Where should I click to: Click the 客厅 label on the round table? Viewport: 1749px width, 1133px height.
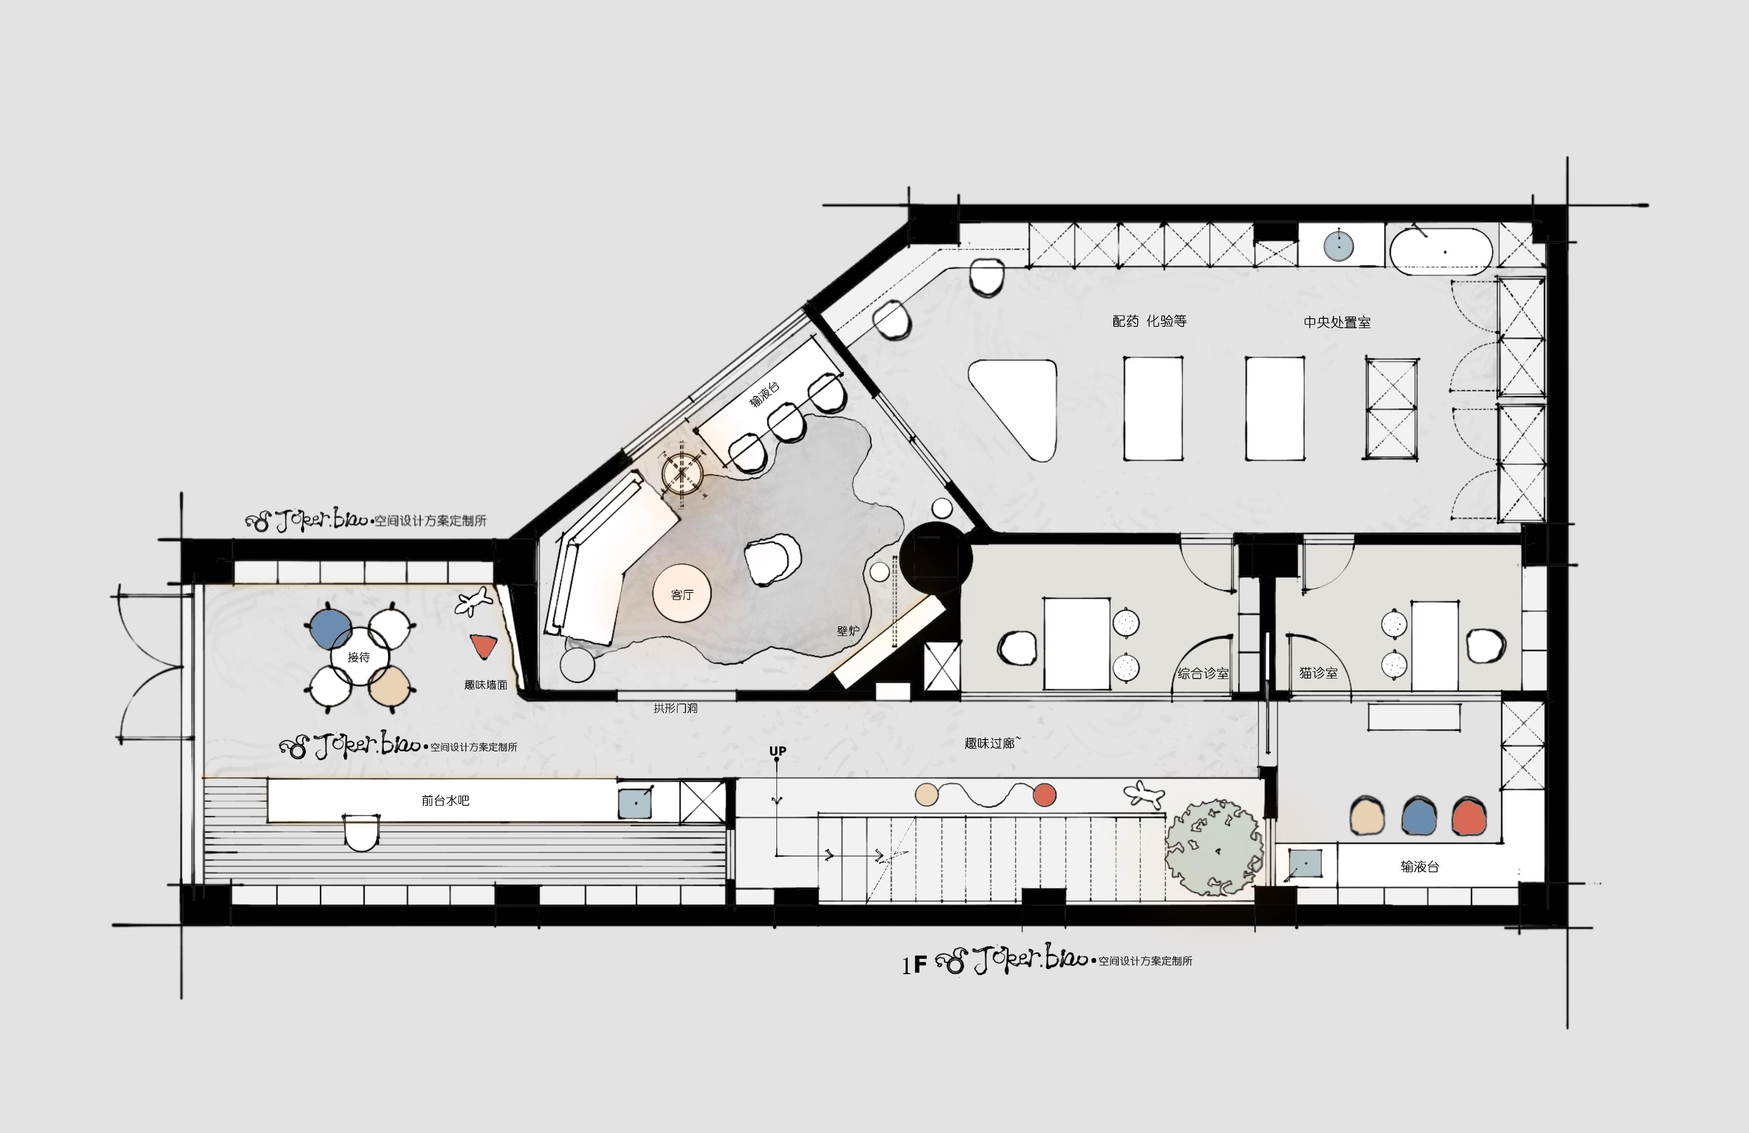pyautogui.click(x=682, y=594)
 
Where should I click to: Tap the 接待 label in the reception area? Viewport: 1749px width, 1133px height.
pyautogui.click(x=359, y=657)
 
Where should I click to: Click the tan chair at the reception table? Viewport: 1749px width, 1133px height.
pyautogui.click(x=389, y=686)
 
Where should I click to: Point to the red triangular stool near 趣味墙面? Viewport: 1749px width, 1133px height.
pyautogui.click(x=484, y=646)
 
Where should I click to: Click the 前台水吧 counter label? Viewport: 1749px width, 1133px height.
pyautogui.click(x=446, y=800)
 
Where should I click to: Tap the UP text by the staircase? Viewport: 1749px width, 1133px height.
pyautogui.click(x=777, y=751)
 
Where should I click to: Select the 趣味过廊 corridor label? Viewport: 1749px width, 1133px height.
pyautogui.click(x=989, y=743)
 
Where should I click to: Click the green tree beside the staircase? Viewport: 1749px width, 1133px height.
pyautogui.click(x=1214, y=847)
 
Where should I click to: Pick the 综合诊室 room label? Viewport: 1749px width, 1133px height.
pyautogui.click(x=1203, y=673)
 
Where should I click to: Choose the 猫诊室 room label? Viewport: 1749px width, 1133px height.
pyautogui.click(x=1318, y=672)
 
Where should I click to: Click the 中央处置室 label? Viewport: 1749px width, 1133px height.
pyautogui.click(x=1337, y=322)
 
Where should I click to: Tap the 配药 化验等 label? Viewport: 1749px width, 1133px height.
pyautogui.click(x=1150, y=321)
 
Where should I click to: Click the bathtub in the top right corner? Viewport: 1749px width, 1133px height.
pyautogui.click(x=1440, y=251)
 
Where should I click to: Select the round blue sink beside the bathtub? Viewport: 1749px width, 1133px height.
pyautogui.click(x=1339, y=246)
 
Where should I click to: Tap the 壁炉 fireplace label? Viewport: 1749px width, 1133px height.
pyautogui.click(x=848, y=631)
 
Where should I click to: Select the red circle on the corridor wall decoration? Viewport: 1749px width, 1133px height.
pyautogui.click(x=1044, y=794)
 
